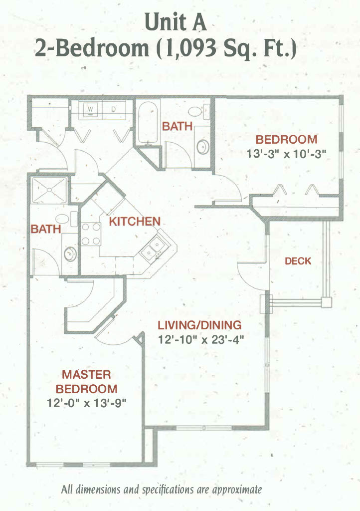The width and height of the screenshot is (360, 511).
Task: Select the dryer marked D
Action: click(x=114, y=109)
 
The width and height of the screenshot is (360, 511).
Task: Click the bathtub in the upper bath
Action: click(x=148, y=123)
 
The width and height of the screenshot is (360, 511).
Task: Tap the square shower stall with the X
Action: click(x=49, y=190)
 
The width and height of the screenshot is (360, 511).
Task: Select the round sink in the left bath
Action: click(x=70, y=254)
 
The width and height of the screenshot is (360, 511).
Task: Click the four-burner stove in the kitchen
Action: click(x=90, y=234)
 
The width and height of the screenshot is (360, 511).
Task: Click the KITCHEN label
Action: click(x=135, y=222)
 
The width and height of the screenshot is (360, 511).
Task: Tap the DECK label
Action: click(x=298, y=261)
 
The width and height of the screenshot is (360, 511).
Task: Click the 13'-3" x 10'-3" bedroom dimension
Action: click(x=286, y=154)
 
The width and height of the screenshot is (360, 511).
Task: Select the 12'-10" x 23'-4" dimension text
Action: click(x=201, y=340)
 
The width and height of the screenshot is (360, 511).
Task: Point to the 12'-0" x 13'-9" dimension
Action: click(x=87, y=403)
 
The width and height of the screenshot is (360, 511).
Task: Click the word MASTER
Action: click(x=86, y=374)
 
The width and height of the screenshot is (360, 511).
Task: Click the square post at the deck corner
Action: click(x=326, y=302)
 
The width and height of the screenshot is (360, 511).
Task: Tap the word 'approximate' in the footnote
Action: click(x=237, y=490)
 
